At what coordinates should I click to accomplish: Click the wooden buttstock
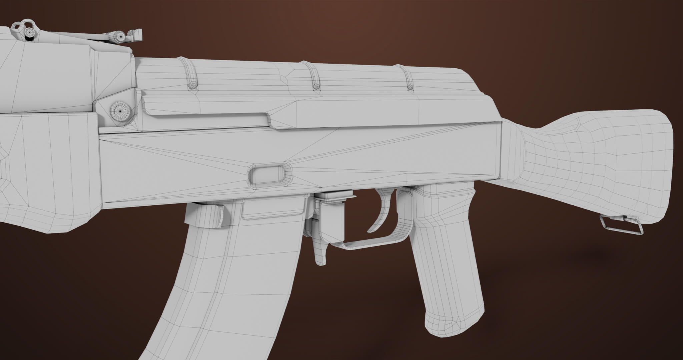click(584, 167)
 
